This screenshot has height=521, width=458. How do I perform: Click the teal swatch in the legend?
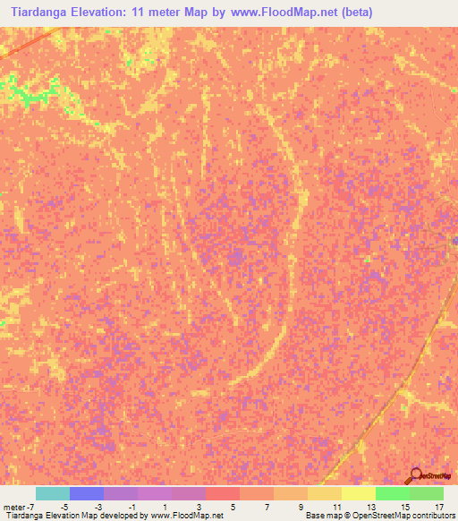[53, 493]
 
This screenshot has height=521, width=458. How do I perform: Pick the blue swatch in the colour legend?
[87, 493]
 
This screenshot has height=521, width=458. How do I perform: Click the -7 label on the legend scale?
[30, 507]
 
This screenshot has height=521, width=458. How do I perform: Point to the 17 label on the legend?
[439, 507]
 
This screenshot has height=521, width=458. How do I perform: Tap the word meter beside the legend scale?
[14, 507]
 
